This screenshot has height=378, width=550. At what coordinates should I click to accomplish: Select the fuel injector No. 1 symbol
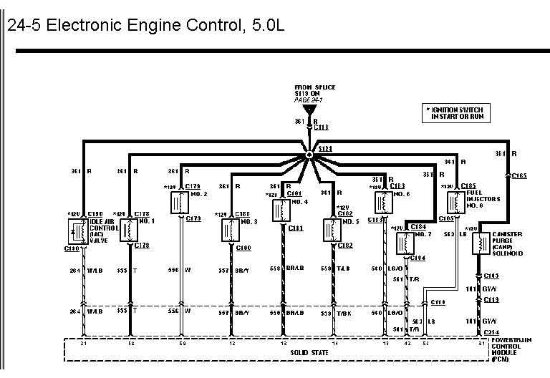click(129, 230)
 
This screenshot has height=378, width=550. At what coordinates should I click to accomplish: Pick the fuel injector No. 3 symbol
click(229, 230)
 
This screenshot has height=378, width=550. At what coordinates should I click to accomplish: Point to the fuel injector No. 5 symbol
click(330, 230)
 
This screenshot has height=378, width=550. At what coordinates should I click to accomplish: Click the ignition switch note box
click(458, 112)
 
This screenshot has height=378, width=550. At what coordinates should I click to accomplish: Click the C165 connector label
click(519, 175)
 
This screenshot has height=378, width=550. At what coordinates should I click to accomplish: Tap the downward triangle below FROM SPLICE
click(309, 110)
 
